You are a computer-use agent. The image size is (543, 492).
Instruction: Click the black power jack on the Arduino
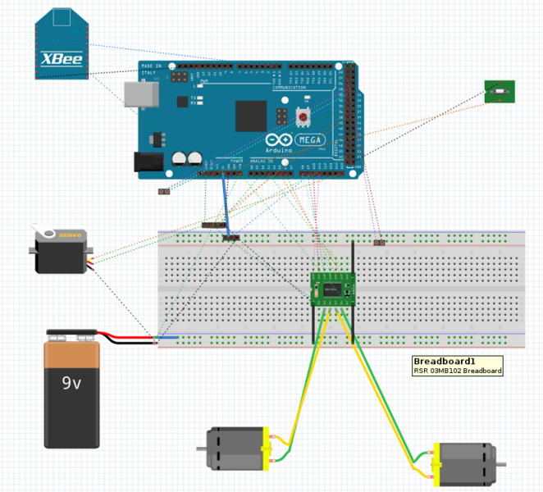pyautogui.click(x=148, y=162)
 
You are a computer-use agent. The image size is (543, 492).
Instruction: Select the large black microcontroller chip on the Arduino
pyautogui.click(x=251, y=116)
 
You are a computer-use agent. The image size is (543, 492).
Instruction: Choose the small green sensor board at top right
pyautogui.click(x=500, y=92)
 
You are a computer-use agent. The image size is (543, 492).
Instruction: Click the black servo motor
pyautogui.click(x=59, y=251)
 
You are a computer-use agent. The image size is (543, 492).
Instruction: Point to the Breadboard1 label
pyautogui.click(x=445, y=362)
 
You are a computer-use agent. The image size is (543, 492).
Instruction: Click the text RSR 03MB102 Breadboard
pyautogui.click(x=457, y=371)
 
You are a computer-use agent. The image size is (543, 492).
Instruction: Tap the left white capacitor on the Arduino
pyautogui.click(x=180, y=158)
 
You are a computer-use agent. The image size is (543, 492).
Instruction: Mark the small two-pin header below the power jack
pyautogui.click(x=164, y=192)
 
